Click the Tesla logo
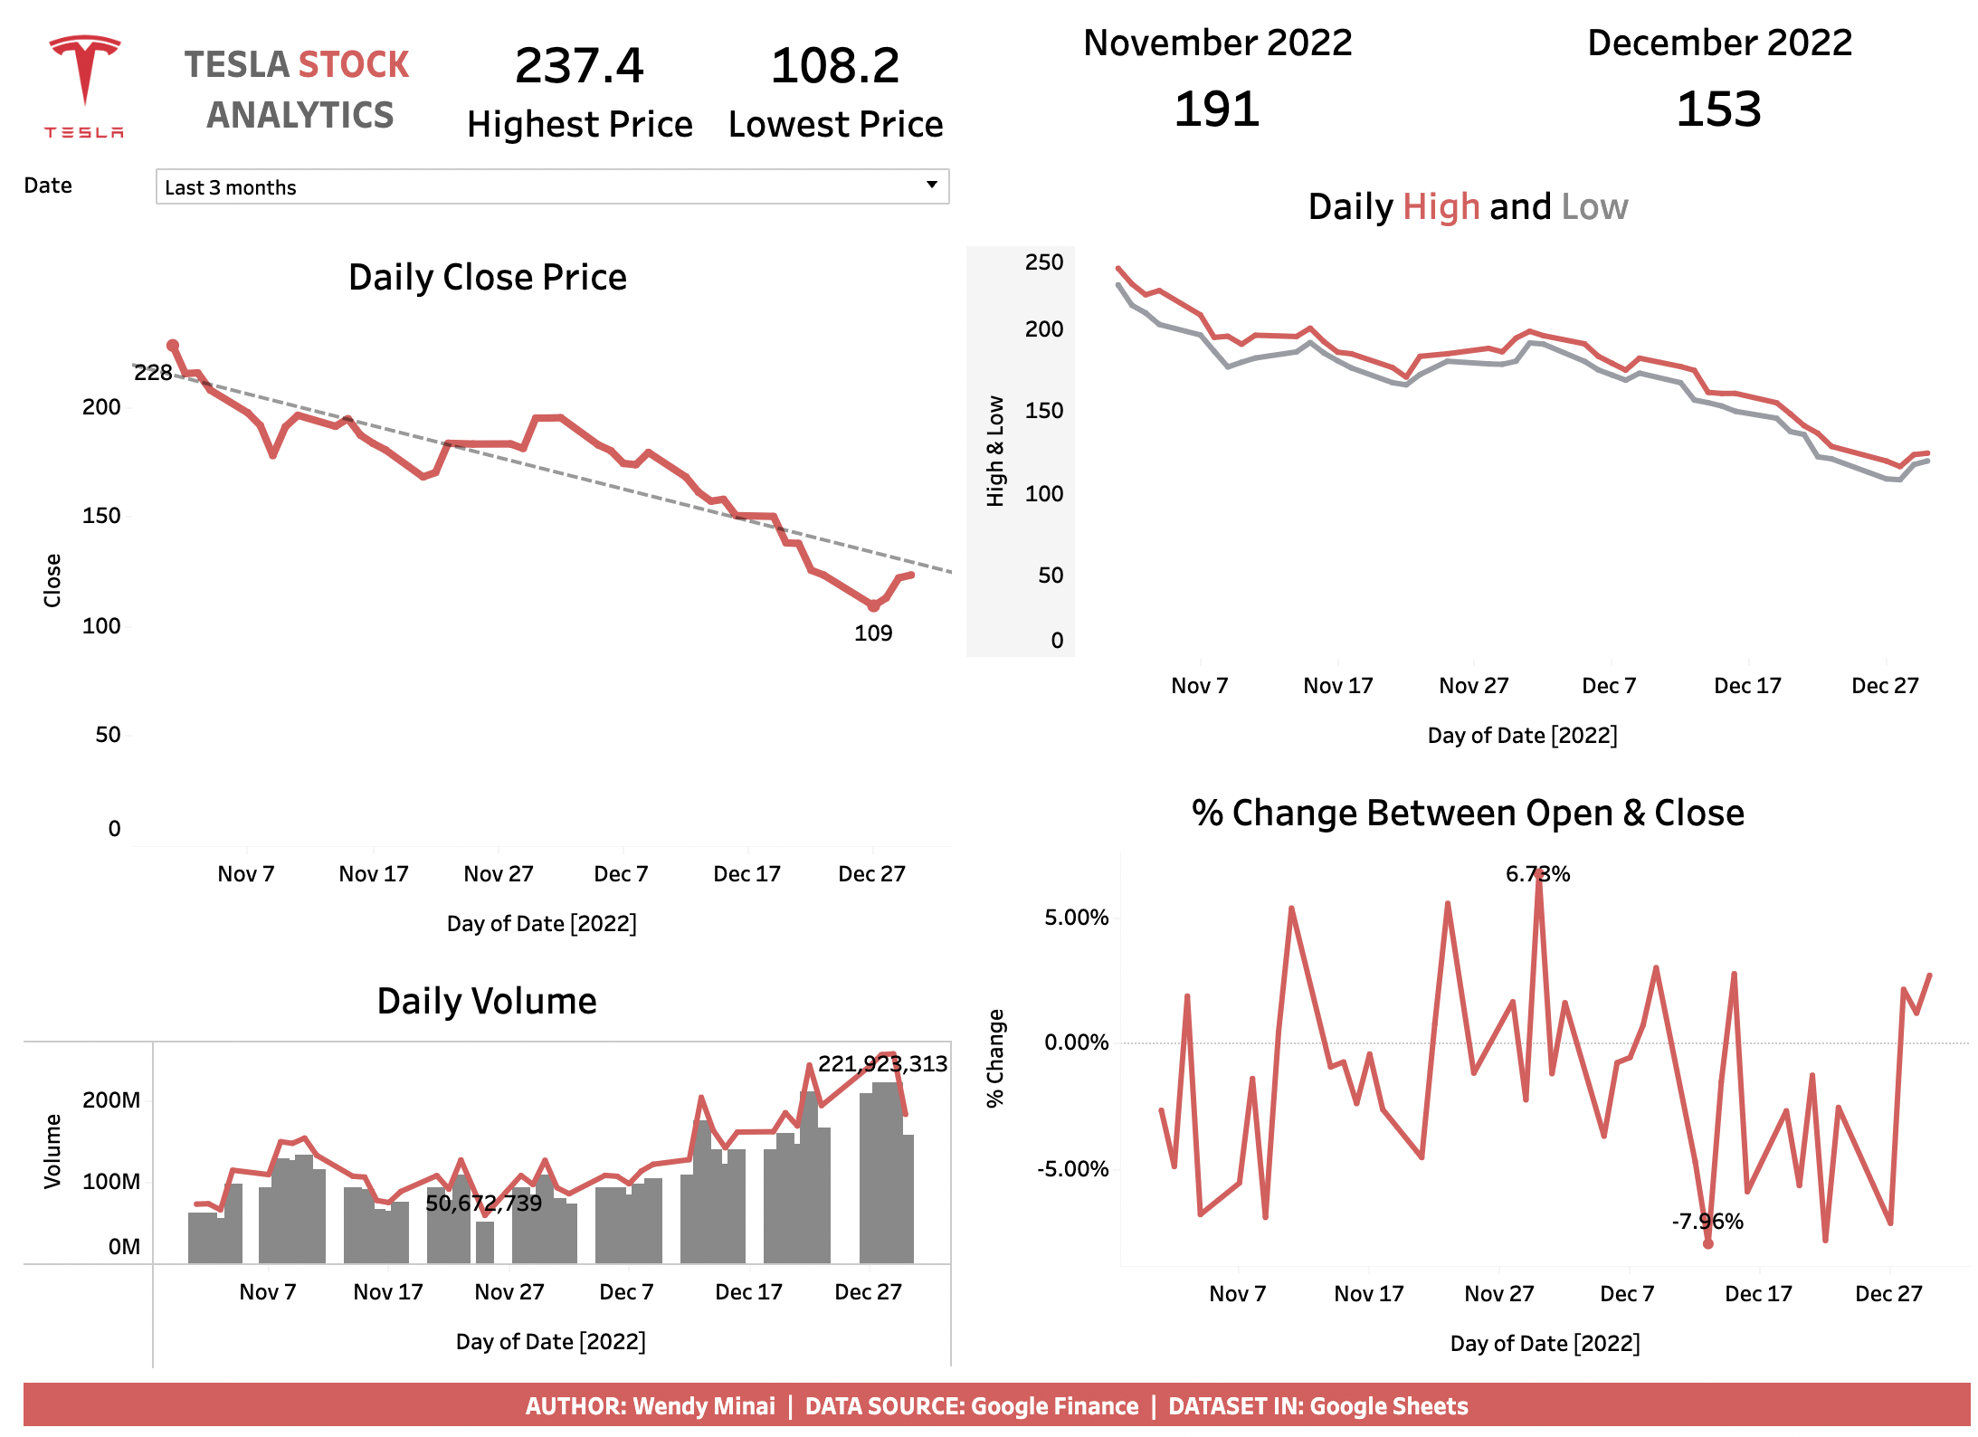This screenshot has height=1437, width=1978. click(84, 86)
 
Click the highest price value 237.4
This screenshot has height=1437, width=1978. click(579, 66)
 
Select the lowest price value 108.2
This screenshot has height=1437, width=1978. click(834, 66)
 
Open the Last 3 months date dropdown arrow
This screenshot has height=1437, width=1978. click(931, 186)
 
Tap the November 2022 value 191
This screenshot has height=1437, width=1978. click(1216, 109)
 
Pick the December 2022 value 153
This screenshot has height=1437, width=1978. click(1718, 109)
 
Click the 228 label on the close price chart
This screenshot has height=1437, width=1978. click(153, 373)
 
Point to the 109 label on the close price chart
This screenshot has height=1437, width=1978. click(872, 633)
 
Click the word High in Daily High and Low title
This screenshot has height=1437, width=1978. click(1441, 207)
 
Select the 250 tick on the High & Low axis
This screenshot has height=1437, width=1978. click(1043, 262)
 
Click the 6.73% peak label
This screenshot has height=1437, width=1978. click(1537, 874)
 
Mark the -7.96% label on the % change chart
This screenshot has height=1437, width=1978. click(1707, 1222)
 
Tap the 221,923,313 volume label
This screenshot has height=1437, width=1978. click(882, 1064)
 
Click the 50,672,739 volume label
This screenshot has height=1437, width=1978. click(483, 1204)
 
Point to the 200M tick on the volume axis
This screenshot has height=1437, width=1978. click(111, 1100)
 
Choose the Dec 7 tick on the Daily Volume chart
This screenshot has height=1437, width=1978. click(625, 1292)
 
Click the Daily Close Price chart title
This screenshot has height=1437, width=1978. click(487, 278)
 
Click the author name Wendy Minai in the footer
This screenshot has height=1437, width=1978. click(703, 1406)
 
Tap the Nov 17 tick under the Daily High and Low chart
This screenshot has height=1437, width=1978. click(1337, 686)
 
